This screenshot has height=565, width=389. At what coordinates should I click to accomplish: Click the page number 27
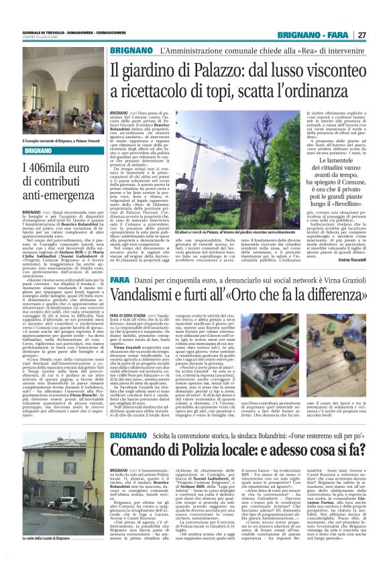[380, 34]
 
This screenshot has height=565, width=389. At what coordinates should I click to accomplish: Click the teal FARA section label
[120, 278]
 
